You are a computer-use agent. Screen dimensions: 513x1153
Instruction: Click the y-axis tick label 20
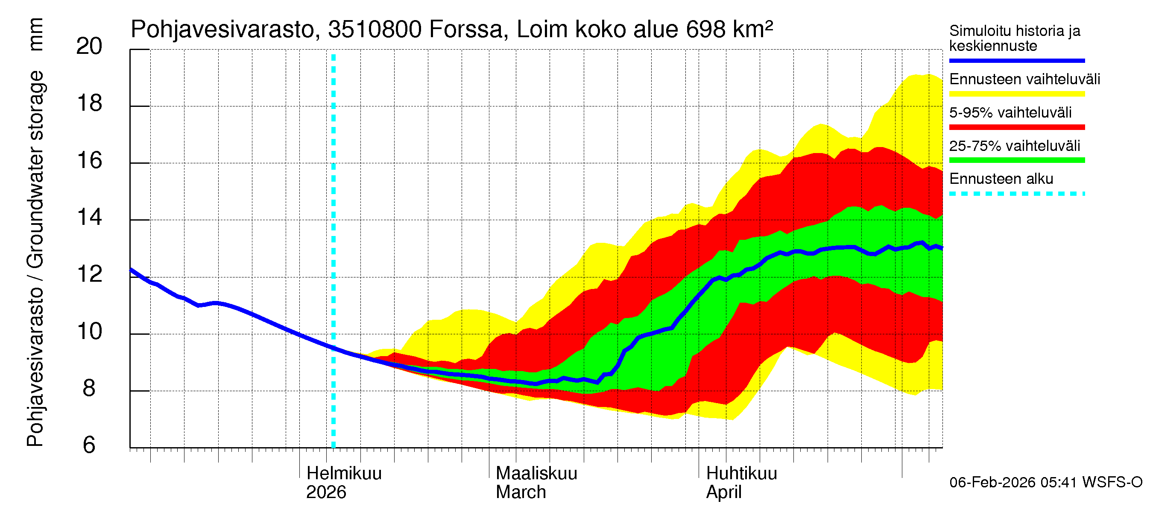(89, 47)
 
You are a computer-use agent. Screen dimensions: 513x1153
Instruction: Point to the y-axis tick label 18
(89, 103)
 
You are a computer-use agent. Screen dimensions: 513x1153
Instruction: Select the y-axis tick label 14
(89, 218)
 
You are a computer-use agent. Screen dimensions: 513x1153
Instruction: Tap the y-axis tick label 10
(89, 332)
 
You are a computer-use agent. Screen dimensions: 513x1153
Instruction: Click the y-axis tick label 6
(89, 445)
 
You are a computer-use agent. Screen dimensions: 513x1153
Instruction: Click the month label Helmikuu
(344, 474)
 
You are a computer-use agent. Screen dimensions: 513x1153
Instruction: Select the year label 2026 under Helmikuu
(326, 492)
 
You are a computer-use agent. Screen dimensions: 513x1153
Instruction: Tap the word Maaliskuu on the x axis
(536, 474)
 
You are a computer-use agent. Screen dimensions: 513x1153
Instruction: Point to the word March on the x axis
(521, 492)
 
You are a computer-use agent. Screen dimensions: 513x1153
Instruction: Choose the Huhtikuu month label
(741, 474)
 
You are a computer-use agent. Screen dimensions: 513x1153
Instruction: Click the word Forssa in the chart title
(465, 30)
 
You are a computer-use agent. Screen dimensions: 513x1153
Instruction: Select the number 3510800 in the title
(375, 30)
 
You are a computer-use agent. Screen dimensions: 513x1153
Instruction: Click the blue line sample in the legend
(1016, 60)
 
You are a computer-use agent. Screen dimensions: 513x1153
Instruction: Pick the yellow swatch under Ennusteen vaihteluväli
(1016, 94)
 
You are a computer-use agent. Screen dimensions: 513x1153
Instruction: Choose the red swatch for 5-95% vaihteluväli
(1016, 127)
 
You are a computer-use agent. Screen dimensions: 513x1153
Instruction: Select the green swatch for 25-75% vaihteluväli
(1016, 160)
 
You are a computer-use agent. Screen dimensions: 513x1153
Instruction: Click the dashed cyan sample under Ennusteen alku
(1016, 194)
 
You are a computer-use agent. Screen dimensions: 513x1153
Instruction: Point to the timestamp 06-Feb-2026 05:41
(1013, 483)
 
